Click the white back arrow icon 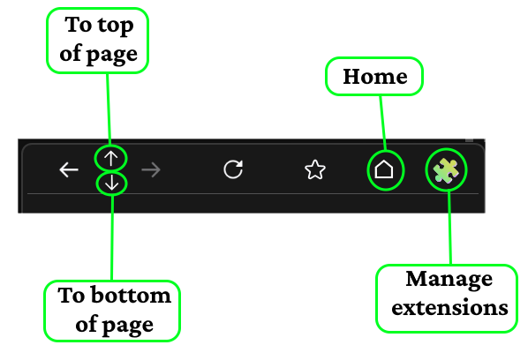coord(69,169)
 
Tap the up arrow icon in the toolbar coord(110,158)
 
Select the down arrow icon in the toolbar coord(112,184)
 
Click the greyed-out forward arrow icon coord(151,169)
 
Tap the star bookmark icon coord(315,169)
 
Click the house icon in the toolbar coord(384,169)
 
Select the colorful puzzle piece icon coord(446,169)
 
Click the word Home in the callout coord(375,77)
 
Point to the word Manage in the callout coord(449,280)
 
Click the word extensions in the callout coord(450,308)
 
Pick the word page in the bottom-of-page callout coord(128,326)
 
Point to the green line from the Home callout coord(383,123)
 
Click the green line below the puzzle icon coord(449,228)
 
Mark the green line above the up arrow coord(109,109)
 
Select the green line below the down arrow coord(112,237)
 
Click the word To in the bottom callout coord(71,296)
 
